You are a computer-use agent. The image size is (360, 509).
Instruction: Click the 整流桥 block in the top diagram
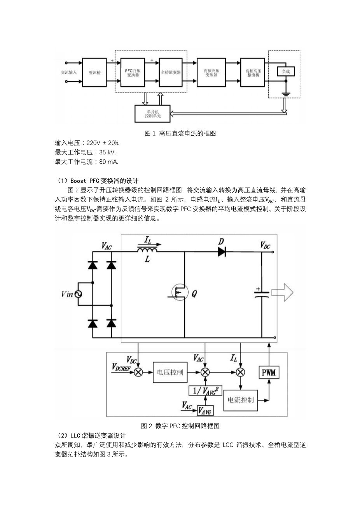pyautogui.click(x=94, y=72)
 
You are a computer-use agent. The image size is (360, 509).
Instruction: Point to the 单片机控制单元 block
pyautogui.click(x=152, y=114)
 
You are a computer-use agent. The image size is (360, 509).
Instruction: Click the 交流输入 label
pyautogui.click(x=69, y=72)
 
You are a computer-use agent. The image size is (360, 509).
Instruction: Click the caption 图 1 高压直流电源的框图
pyautogui.click(x=180, y=133)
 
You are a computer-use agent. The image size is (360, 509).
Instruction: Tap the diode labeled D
pyautogui.click(x=222, y=252)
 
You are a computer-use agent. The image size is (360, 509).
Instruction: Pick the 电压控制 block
pyautogui.click(x=169, y=372)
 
